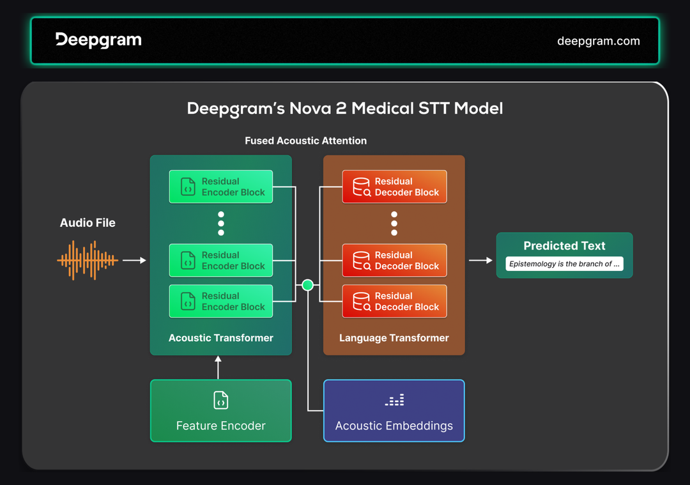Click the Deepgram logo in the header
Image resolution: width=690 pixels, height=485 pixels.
[x=98, y=40]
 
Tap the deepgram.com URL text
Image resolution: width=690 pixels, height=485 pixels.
[x=598, y=41]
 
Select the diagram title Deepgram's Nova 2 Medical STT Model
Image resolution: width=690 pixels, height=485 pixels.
[x=345, y=108]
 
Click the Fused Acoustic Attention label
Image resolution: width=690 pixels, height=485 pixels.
[x=305, y=141]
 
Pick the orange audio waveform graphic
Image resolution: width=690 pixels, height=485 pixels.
[x=88, y=260]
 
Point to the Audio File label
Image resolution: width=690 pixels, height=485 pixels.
[x=88, y=223]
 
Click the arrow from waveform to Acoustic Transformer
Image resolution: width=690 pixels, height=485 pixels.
[x=134, y=260]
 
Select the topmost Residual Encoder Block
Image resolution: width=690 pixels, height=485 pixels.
[x=220, y=187]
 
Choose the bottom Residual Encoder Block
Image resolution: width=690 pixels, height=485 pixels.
[x=220, y=301]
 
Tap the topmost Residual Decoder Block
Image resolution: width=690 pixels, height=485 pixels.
[x=394, y=187]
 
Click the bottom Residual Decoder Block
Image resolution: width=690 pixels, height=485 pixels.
[x=394, y=301]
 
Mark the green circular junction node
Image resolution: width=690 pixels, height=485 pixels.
[x=307, y=285]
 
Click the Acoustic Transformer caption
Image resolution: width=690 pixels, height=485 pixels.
[x=220, y=338]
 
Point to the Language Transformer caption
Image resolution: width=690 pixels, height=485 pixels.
[x=394, y=338]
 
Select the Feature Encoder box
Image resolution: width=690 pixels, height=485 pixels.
[x=220, y=411]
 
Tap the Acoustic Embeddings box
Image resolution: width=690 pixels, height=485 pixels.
[x=394, y=411]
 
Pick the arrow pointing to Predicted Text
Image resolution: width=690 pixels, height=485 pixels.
[x=480, y=260]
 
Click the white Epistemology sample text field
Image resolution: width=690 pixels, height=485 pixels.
[x=564, y=264]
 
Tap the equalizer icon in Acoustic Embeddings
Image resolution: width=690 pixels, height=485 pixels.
[x=394, y=401]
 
